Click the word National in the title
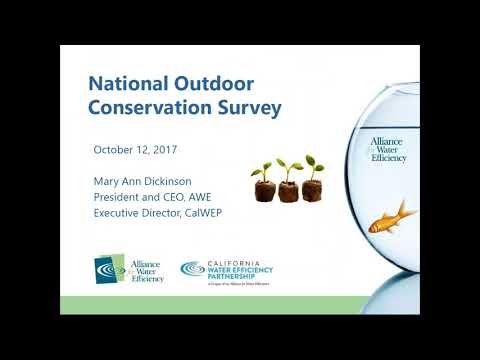pyautogui.click(x=125, y=84)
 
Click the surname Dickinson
pyautogui.click(x=183, y=183)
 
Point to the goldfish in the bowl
pyautogui.click(x=393, y=215)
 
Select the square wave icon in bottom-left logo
pyautogui.click(x=110, y=270)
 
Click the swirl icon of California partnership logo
pyautogui.click(x=192, y=270)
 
